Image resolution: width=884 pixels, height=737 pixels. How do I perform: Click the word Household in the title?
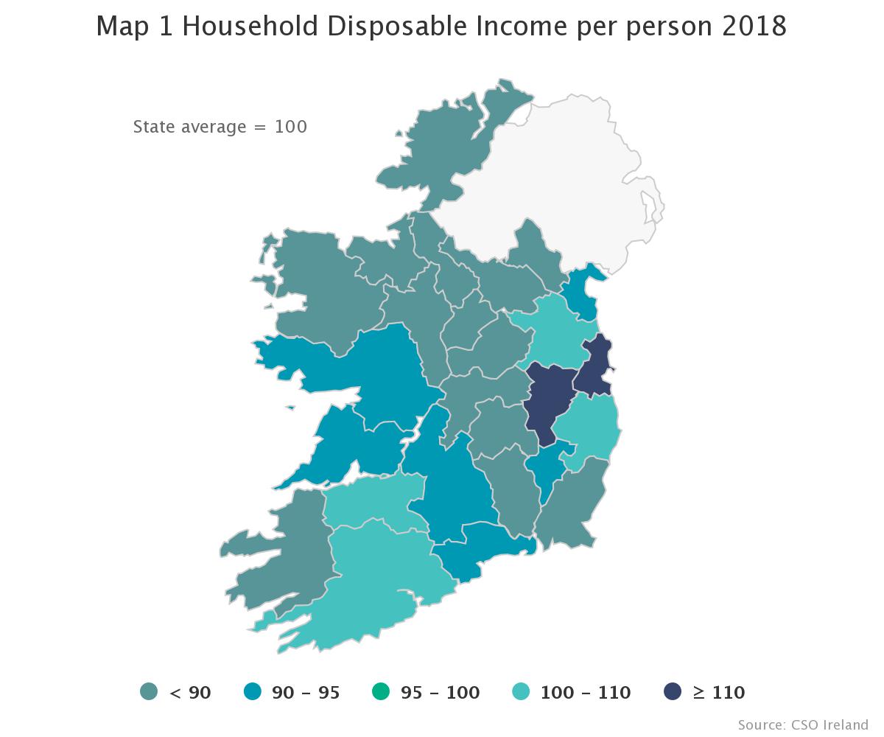tap(250, 27)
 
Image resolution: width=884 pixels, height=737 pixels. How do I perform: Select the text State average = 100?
tap(220, 127)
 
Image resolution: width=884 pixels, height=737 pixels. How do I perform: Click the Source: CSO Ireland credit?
tap(803, 724)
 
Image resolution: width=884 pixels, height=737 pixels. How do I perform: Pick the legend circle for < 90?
tap(150, 693)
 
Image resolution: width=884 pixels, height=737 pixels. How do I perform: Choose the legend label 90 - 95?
tap(306, 693)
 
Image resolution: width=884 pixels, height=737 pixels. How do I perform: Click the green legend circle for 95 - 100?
tap(381, 693)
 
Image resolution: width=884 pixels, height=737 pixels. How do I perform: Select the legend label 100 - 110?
tap(585, 693)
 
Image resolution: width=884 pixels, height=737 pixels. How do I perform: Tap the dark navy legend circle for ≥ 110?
tap(671, 693)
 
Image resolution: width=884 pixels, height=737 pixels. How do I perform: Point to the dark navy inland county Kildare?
tap(549, 402)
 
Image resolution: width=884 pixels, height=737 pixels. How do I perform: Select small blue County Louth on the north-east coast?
tap(582, 291)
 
